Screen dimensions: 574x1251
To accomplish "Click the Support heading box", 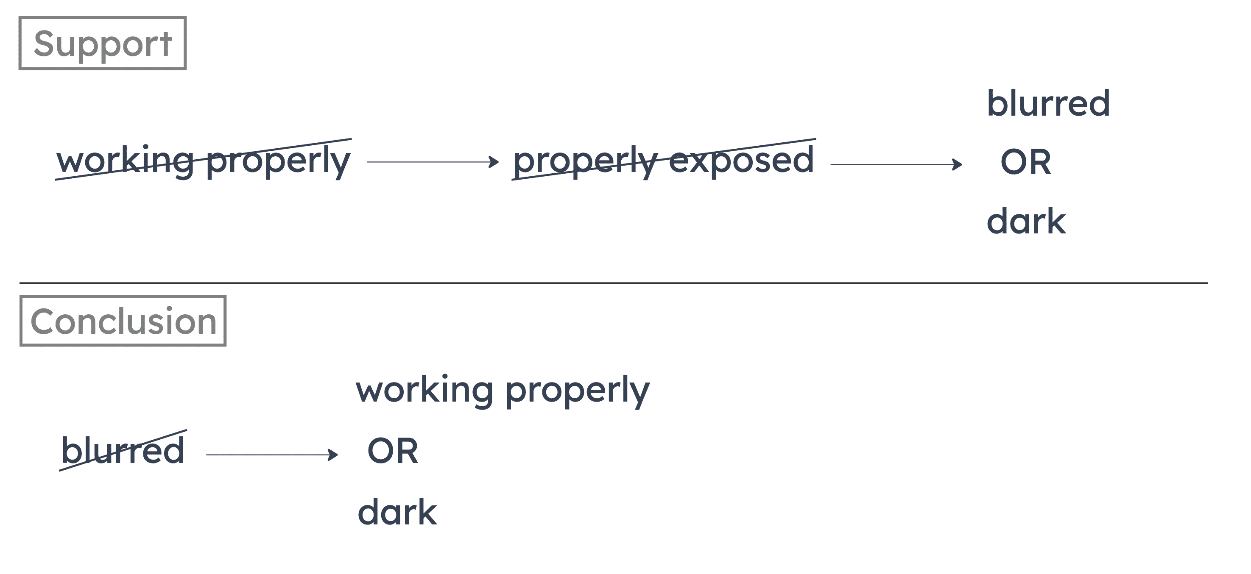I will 103,44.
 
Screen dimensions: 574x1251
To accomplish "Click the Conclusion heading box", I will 123,321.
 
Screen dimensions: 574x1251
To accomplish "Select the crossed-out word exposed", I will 741,160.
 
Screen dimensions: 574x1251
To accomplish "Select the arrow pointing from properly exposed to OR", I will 896,164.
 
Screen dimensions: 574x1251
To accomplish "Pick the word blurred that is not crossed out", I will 1048,103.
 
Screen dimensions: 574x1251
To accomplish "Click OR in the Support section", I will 1025,163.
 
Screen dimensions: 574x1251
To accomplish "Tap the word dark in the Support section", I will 1026,221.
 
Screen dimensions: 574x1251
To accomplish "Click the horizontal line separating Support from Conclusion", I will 613,283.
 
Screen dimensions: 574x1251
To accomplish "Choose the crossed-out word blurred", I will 123,451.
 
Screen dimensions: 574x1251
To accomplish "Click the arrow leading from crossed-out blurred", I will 271,455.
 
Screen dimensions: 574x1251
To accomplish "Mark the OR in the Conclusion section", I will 392,451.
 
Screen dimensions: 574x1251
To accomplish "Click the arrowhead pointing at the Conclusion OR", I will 334,455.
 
